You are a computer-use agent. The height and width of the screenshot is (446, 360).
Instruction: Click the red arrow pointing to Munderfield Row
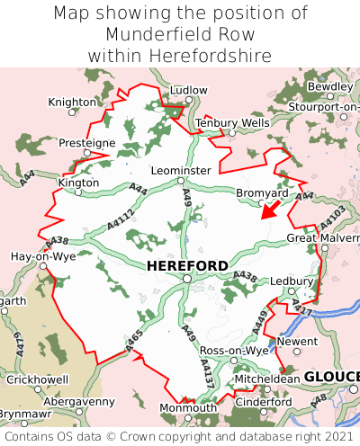coord(267,210)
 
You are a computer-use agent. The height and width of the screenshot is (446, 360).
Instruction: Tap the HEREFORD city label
coord(186,265)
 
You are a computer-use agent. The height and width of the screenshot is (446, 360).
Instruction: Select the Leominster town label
coord(182,170)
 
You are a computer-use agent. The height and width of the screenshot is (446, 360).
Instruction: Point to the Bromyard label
coord(262,193)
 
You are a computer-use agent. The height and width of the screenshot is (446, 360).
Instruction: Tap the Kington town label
coord(78,183)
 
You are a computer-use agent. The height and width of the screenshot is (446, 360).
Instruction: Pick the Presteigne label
coord(87,143)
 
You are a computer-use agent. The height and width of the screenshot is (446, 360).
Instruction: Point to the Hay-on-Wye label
coord(42,255)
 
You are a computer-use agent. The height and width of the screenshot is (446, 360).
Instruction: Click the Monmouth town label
coord(188,407)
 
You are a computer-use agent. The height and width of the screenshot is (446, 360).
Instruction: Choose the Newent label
coord(298,342)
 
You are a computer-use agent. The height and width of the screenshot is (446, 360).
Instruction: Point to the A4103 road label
coord(331,218)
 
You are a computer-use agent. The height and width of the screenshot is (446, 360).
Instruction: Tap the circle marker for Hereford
coord(186,280)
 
